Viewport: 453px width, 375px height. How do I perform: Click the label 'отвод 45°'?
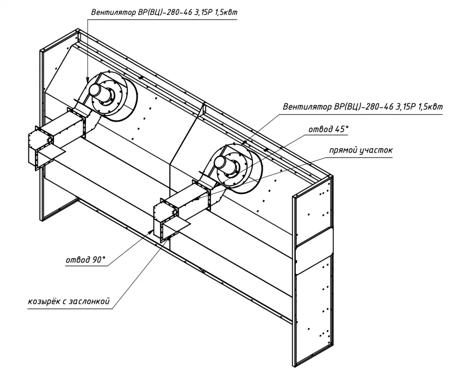(328, 129)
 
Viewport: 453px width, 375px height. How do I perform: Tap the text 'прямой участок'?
(361, 150)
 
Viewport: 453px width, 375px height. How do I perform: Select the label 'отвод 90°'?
(86, 260)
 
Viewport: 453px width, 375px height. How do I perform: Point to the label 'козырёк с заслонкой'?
(69, 301)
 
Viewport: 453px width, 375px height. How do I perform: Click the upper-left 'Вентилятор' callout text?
(164, 12)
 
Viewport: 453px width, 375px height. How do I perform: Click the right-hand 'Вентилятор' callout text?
(363, 106)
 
